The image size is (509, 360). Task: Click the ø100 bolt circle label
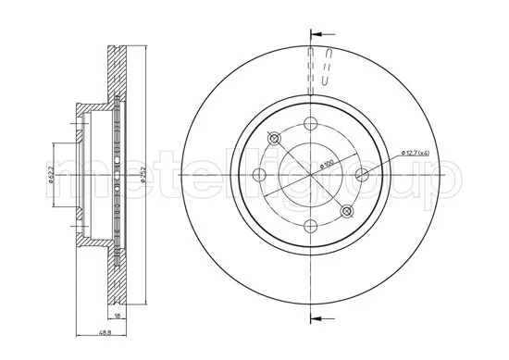point(328,165)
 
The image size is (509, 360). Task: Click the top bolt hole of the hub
point(309,126)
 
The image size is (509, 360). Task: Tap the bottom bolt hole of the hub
point(309,222)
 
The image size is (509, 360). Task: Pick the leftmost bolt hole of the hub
point(261,174)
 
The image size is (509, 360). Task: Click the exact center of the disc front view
point(309,174)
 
